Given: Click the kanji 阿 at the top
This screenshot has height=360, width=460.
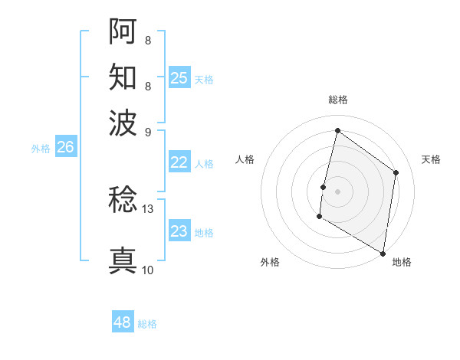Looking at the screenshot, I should [123, 31].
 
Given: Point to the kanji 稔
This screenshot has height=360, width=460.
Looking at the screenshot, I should [123, 200].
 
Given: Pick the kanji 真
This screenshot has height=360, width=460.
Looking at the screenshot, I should [123, 260].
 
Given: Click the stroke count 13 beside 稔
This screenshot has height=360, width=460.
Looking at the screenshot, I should [148, 208].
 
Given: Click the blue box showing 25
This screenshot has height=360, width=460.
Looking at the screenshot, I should [179, 77].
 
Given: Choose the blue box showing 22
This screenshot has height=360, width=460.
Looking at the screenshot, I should [179, 162].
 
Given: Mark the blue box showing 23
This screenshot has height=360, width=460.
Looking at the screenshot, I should [179, 231].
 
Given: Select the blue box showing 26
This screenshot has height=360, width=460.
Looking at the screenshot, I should [65, 148].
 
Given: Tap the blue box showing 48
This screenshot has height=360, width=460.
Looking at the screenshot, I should [123, 322].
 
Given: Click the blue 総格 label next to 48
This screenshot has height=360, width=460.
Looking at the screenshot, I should [147, 324].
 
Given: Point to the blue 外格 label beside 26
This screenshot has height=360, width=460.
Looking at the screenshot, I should [41, 149].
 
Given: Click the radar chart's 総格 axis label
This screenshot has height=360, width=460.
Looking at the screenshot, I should [337, 100].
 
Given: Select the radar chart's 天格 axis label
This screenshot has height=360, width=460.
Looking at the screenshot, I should [431, 159].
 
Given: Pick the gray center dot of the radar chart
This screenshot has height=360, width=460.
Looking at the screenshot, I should [337, 191].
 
